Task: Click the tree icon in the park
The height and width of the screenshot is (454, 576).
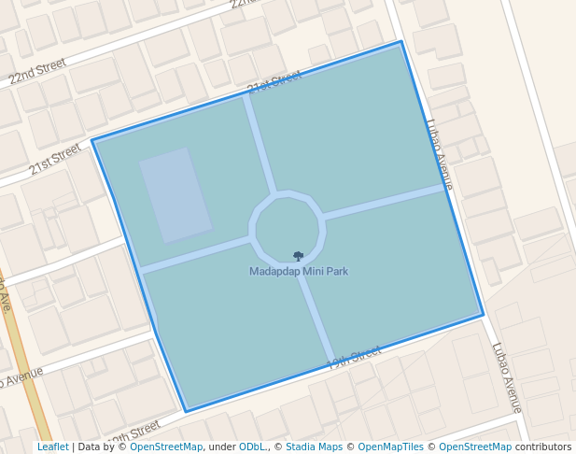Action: pos(298,256)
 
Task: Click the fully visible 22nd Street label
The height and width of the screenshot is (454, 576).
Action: pos(38,73)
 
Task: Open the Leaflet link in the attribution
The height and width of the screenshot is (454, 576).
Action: pos(52,447)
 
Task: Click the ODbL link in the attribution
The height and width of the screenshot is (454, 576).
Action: pos(252,447)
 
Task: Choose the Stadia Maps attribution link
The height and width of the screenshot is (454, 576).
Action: pos(314,447)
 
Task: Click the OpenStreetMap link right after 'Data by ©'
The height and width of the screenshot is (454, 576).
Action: pos(166,447)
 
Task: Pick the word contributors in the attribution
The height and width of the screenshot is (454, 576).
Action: pos(543,447)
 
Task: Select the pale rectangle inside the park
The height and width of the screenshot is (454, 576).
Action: pos(176,194)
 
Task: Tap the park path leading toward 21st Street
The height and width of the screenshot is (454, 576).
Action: pos(260,145)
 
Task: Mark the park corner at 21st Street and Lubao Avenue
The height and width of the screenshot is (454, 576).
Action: pos(401,42)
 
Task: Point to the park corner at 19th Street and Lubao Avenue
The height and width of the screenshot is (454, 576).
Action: pos(483,315)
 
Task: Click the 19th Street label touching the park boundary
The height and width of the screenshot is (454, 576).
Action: pos(355,356)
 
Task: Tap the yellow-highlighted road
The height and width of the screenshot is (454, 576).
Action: pos(25,374)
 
